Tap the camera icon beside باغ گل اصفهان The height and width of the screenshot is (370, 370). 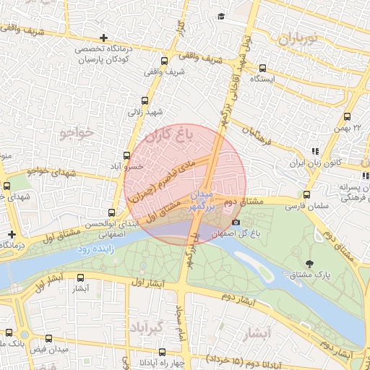tap(236, 222)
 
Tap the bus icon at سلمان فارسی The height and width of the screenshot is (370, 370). tap(307, 194)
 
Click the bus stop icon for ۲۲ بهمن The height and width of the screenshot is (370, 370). tap(347, 116)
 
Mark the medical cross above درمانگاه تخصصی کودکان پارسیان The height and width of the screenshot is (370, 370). tap(105, 37)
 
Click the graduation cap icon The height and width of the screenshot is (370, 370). tap(220, 16)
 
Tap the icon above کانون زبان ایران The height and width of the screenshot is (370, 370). tap(314, 151)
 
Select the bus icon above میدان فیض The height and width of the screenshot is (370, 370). tap(48, 338)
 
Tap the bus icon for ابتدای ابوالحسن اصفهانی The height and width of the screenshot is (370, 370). tap(111, 212)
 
